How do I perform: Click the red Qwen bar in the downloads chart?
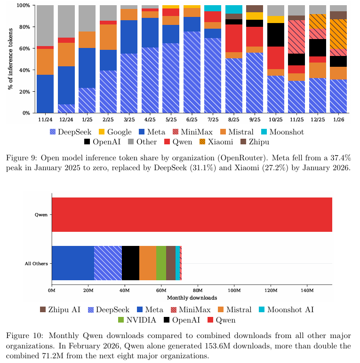pyautogui.click(x=192, y=215)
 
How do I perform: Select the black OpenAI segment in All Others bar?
pyautogui.click(x=130, y=263)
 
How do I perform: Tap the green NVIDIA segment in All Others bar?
pyautogui.click(x=161, y=263)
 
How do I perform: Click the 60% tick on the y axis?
pyautogui.click(x=24, y=48)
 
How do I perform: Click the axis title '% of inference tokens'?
pyautogui.click(x=9, y=59)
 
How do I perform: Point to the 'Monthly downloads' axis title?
pyautogui.click(x=192, y=298)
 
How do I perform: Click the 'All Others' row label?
pyautogui.click(x=36, y=263)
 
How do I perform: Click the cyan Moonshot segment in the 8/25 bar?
pyautogui.click(x=234, y=9)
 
